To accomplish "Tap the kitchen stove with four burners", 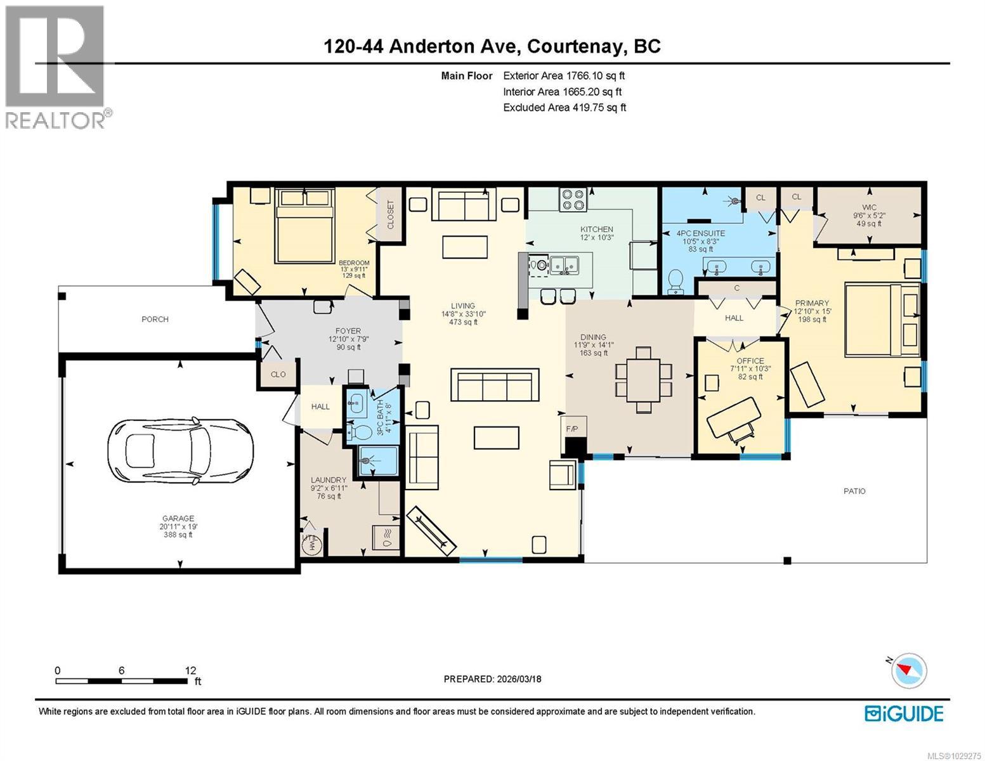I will (573, 200).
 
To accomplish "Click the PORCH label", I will (155, 319).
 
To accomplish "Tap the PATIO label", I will (854, 491).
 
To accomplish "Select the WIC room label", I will (869, 207).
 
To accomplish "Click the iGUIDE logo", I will (904, 713).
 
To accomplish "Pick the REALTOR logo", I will (55, 67).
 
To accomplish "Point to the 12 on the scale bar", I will (190, 670).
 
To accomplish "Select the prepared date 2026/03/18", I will (492, 679).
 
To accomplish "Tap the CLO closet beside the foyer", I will (278, 374).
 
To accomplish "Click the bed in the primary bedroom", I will (882, 321).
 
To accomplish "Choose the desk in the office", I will (734, 417).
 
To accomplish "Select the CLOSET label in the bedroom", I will (390, 215).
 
